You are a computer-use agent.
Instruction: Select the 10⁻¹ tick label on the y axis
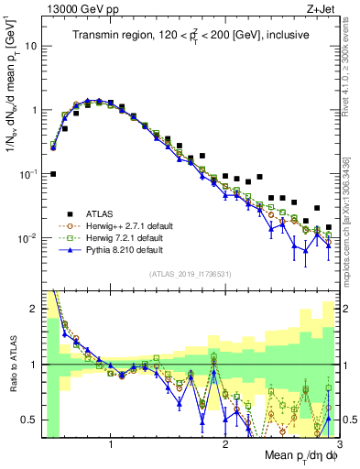point(27,173)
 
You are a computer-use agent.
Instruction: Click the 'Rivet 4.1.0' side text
point(351,64)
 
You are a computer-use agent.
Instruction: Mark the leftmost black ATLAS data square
point(53,173)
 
